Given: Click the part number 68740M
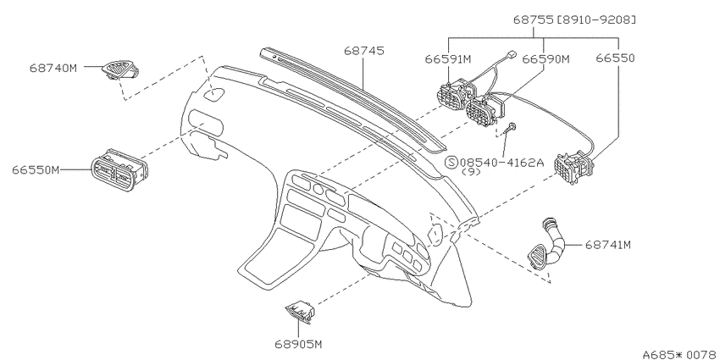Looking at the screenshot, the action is [53, 68].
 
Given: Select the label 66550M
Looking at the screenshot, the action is [36, 170].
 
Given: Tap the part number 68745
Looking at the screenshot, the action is [364, 51].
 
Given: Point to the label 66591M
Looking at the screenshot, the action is [448, 58].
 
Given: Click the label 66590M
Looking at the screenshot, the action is [546, 58].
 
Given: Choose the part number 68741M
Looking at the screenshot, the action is [608, 245].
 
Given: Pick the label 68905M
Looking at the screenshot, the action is [298, 344].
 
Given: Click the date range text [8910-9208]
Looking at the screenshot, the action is [596, 19].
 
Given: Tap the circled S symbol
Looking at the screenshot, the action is [452, 162].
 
